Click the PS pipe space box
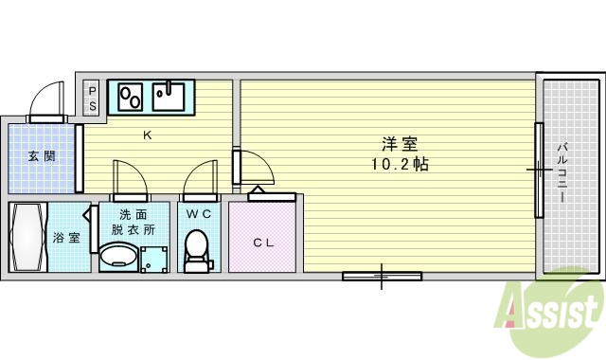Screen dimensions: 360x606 (x=93, y=98)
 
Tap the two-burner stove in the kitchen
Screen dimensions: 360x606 (x=130, y=96)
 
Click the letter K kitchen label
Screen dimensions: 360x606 (x=147, y=135)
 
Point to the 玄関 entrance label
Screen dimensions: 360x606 (x=41, y=155)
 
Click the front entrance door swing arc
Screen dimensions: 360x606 (x=47, y=97)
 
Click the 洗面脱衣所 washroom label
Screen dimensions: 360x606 (x=133, y=222)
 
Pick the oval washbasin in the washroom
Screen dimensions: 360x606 (x=118, y=256)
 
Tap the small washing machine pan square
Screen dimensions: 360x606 (x=152, y=259)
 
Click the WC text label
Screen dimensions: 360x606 (x=198, y=213)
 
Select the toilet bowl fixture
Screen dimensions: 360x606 (x=197, y=249)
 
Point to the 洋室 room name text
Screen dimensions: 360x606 (x=400, y=144)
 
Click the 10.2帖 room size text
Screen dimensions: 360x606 (x=400, y=163)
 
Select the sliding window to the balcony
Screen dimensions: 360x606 (x=539, y=171)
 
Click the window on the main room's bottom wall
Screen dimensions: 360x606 (x=382, y=277)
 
